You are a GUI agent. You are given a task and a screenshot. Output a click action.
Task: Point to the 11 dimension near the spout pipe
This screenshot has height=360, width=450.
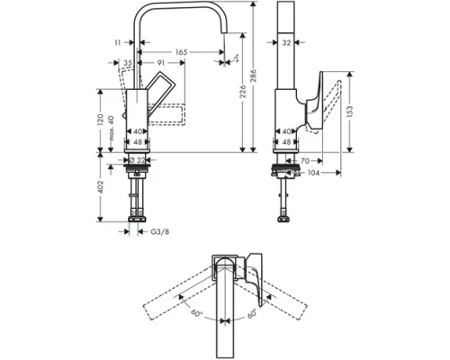pos(118,42)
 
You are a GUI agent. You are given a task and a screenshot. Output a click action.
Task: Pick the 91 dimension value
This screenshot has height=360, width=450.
pos(159,64)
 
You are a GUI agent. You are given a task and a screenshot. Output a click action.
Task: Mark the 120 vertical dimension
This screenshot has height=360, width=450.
pos(98,120)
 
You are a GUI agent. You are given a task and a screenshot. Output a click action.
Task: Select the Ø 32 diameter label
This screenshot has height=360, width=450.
pos(138,160)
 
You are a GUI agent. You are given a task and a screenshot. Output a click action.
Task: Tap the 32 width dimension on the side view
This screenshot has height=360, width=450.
pos(286,41)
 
